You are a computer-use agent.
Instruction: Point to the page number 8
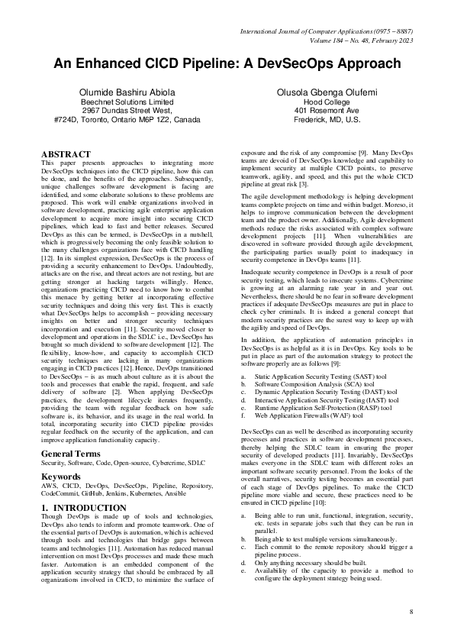point(411,612)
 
